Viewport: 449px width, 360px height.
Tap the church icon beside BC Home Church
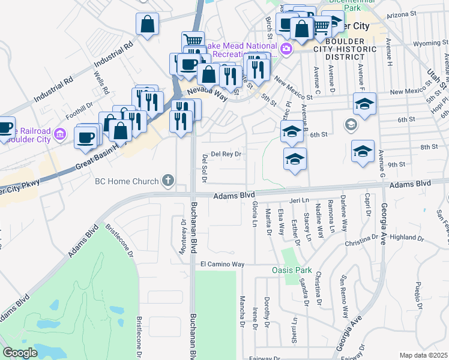168,180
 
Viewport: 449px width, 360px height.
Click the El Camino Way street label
223,264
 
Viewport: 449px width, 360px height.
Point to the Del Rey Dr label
226,154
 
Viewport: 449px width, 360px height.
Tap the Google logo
19,353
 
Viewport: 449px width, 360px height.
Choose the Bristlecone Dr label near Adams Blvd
119,240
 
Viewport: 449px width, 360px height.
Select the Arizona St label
402,14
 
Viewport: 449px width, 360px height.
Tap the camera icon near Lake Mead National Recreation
286,49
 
